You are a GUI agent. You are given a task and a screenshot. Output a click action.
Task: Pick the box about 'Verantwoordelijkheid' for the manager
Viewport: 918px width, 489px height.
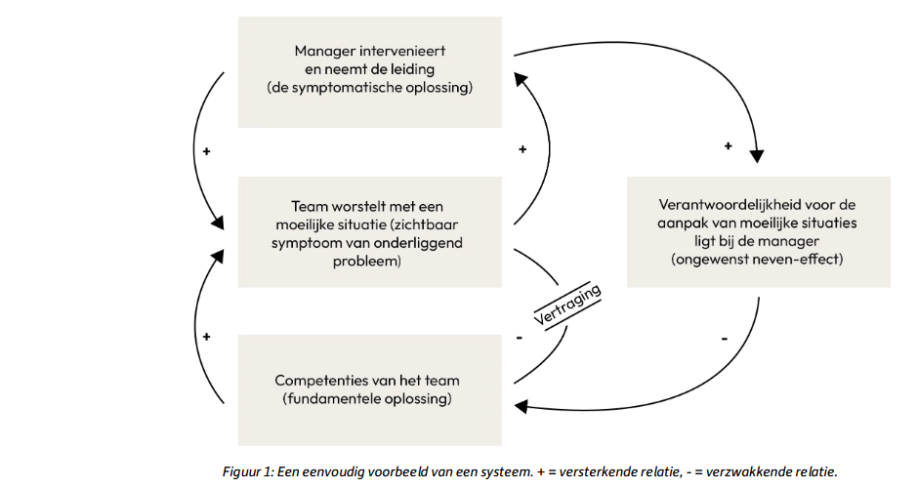(x=758, y=231)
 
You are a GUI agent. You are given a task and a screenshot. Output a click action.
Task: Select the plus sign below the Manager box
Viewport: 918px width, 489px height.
(x=522, y=149)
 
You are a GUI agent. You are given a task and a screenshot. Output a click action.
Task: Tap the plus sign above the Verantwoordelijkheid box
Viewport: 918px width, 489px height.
(x=728, y=146)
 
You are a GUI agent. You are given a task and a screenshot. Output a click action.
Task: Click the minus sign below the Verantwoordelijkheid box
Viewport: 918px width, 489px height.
(x=724, y=338)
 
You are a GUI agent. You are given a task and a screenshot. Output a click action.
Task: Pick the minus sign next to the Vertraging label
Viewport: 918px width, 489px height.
(x=519, y=338)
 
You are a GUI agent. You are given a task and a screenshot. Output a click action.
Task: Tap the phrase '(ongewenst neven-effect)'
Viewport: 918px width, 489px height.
(x=758, y=261)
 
